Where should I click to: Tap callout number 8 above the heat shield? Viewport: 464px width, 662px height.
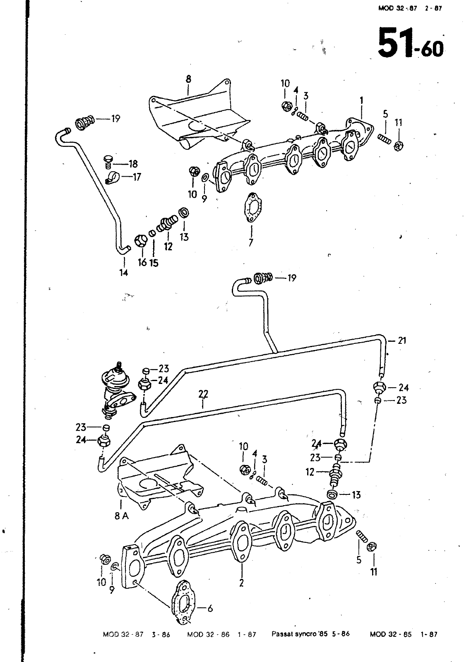[188, 79]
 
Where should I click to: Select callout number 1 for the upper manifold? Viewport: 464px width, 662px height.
[361, 101]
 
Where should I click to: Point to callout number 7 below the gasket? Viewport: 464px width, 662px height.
[251, 242]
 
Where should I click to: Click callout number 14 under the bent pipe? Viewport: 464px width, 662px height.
[124, 273]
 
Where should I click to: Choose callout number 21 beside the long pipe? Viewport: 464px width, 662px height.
[401, 341]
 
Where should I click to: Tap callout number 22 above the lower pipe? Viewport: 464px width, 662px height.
[203, 394]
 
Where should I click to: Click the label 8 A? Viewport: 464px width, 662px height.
[122, 524]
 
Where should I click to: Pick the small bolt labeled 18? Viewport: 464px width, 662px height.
[108, 162]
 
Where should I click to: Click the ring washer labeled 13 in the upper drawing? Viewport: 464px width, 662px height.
[184, 213]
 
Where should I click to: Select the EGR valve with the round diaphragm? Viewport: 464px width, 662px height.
[117, 389]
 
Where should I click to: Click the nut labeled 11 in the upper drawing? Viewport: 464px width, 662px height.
[398, 146]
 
